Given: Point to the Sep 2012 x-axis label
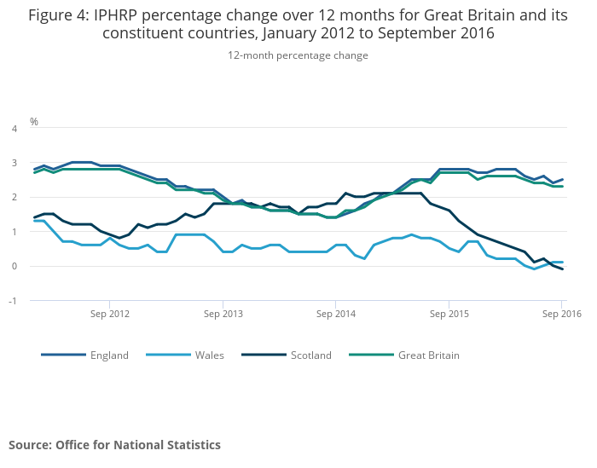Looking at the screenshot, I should tap(109, 315).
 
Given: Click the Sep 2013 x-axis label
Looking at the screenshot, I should tap(223, 315).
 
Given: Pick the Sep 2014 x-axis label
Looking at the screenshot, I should tap(336, 315).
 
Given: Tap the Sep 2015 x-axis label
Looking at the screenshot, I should tap(449, 315).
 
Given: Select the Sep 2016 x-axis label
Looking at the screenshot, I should tap(562, 315).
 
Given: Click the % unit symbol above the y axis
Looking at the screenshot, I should tap(34, 121).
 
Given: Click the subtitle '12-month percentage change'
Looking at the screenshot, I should tap(298, 55).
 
